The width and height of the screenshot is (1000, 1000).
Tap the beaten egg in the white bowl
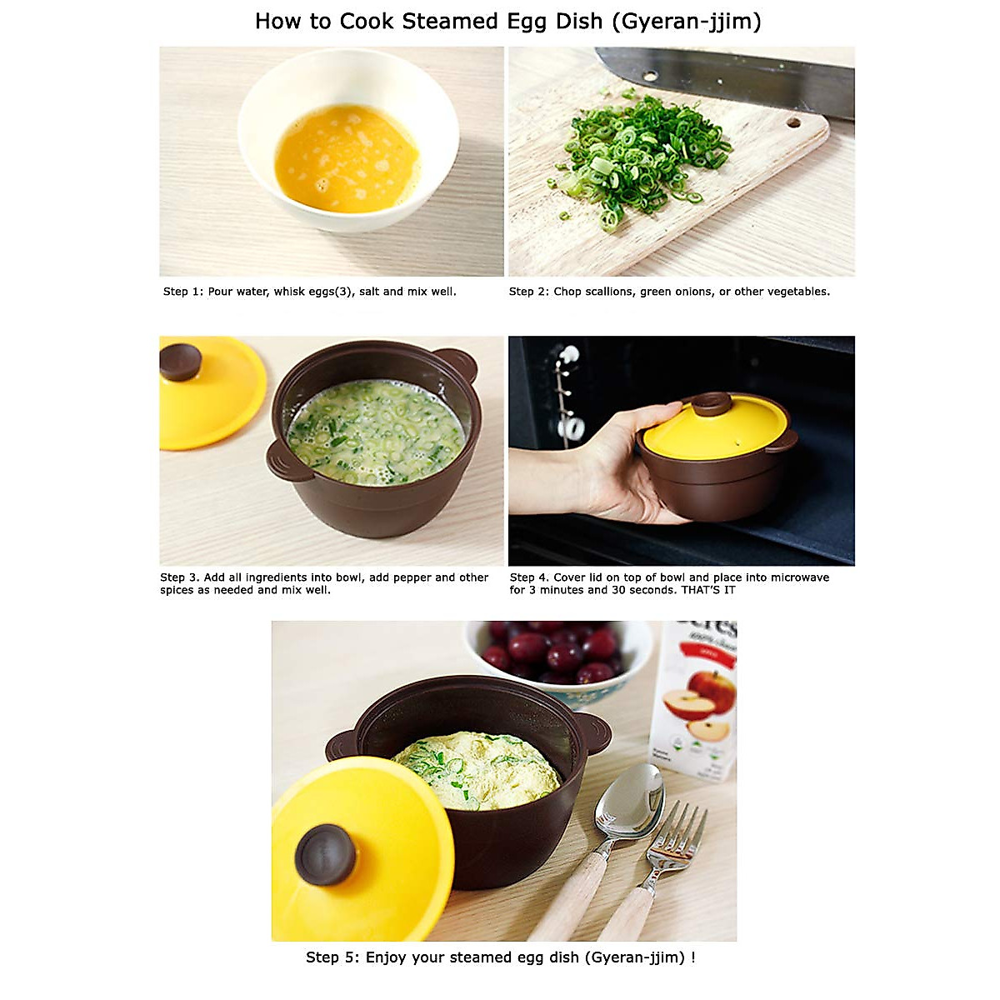[x=346, y=158]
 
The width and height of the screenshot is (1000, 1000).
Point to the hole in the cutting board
[x=792, y=123]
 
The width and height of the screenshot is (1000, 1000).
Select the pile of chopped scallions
[x=642, y=154]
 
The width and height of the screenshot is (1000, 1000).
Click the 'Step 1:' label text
[x=183, y=292]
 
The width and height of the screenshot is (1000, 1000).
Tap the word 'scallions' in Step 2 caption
[x=612, y=292]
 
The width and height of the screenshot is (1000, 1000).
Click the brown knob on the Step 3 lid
[x=181, y=362]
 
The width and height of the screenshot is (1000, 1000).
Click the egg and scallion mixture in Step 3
[x=375, y=432]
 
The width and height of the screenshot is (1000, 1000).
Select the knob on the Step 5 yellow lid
[x=326, y=854]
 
